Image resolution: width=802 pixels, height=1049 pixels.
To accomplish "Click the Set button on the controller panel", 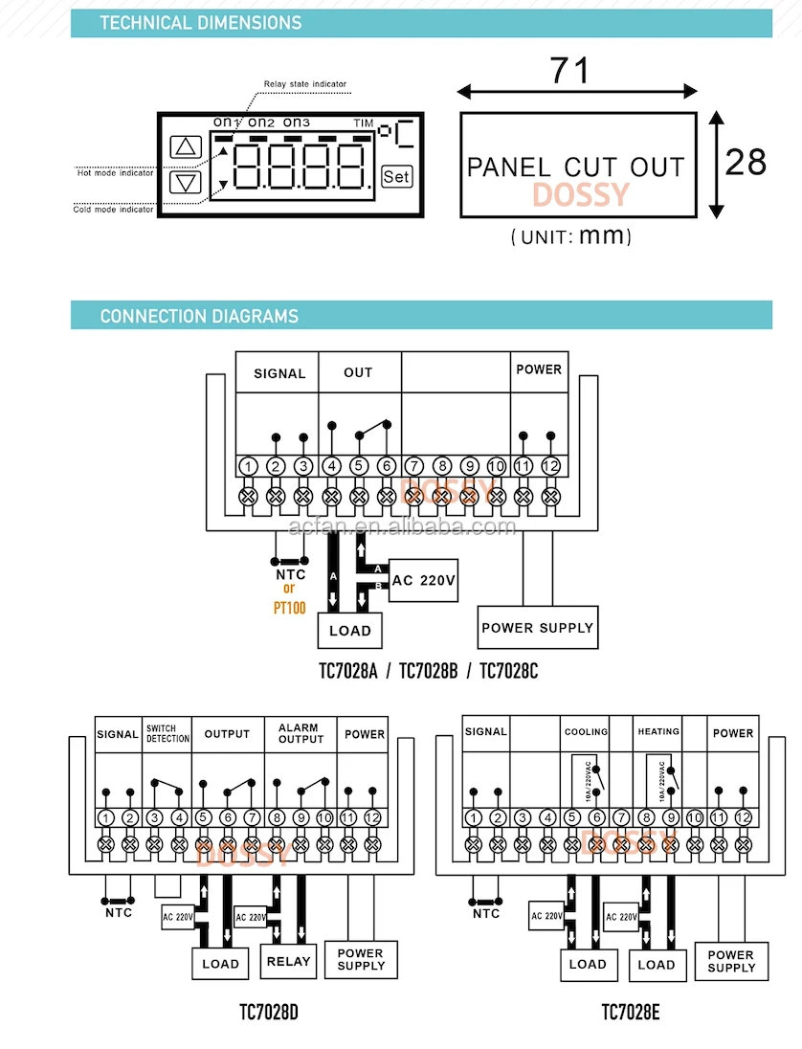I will (396, 176).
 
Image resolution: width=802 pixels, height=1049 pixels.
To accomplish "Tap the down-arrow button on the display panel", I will (186, 183).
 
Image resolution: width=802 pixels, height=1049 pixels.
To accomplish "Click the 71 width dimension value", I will (570, 70).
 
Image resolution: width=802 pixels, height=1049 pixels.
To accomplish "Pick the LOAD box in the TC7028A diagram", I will (349, 631).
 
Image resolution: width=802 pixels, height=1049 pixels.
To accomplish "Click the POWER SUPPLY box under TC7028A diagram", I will (537, 628).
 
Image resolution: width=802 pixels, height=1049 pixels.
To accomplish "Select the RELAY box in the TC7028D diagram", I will (288, 962).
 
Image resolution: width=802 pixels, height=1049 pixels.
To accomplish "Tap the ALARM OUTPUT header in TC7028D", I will (301, 733).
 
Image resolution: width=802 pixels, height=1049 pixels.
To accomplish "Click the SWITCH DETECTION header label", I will (167, 734).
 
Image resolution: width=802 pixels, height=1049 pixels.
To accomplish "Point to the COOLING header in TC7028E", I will (586, 732).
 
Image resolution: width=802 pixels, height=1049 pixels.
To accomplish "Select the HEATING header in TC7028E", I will (658, 732).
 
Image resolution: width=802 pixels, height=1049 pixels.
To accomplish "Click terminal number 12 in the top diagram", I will (550, 466).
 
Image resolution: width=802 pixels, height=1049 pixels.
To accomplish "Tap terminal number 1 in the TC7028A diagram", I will (249, 466).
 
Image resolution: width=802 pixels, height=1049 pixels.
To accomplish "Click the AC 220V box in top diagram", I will (423, 580).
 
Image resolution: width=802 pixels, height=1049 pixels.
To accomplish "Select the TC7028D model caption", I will (269, 1012).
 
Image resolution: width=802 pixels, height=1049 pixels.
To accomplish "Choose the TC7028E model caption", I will (631, 1012).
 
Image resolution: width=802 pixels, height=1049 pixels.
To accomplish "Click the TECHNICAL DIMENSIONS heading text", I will (200, 23).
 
